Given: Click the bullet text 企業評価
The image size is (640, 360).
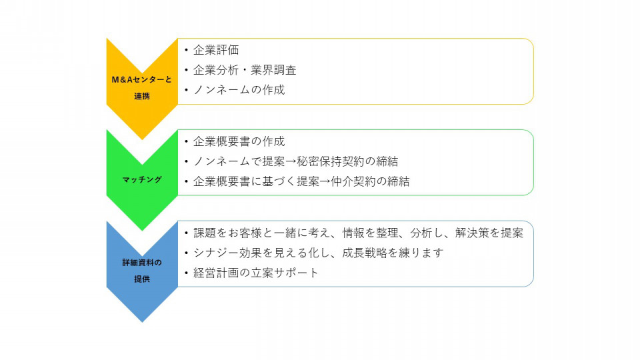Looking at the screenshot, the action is [x=216, y=50].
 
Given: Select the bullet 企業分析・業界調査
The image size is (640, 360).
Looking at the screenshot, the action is [x=245, y=70].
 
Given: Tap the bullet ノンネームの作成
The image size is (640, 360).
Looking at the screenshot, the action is [x=239, y=90].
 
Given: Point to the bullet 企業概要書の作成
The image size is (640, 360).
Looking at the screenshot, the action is [x=239, y=141].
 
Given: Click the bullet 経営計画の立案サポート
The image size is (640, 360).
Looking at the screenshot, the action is [x=255, y=273].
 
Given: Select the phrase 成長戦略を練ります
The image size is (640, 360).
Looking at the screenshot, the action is [x=393, y=253].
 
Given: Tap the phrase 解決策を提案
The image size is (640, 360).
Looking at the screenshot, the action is [x=489, y=233].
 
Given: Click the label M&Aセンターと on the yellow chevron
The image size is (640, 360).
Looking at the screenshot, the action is [x=141, y=79].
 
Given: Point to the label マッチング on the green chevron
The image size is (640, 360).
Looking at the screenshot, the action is [x=142, y=179].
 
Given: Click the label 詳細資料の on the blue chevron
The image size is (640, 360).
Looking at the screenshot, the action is [x=142, y=263].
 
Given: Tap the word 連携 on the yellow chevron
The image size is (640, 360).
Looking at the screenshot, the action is [x=142, y=96].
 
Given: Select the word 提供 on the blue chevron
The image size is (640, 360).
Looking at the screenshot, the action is [x=142, y=279].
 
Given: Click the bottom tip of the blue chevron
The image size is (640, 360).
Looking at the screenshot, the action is [x=142, y=322].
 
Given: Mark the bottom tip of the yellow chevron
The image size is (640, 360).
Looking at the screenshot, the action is [x=142, y=139].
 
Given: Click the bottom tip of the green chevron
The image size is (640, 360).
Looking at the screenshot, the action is [x=142, y=231].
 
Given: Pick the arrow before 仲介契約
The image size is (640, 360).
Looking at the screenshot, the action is [x=325, y=181].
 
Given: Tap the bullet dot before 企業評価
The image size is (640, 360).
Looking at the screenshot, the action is [x=186, y=50].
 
